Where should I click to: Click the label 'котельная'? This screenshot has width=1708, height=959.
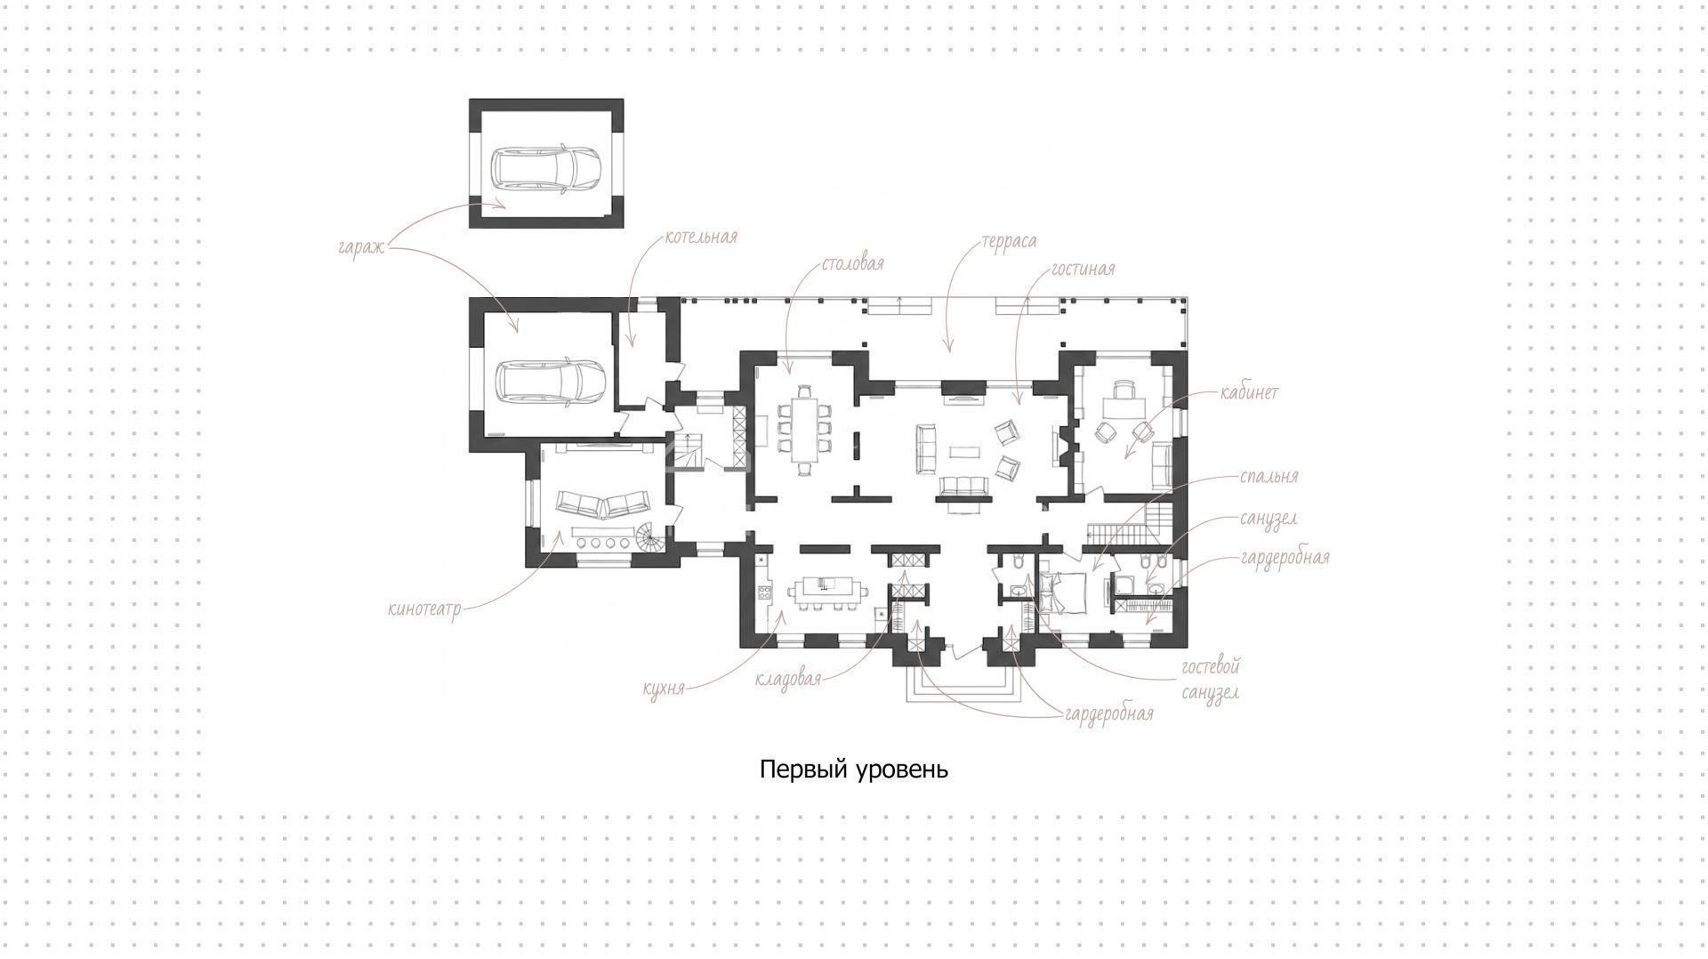[x=701, y=237]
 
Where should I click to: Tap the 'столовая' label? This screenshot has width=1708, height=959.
[x=853, y=264]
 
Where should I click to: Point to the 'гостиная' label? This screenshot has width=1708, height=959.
[x=1083, y=269]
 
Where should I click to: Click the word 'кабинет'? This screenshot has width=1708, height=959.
[x=1250, y=392]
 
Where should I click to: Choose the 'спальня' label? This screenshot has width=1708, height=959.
[x=1269, y=477]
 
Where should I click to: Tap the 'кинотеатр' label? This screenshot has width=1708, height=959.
[x=424, y=610]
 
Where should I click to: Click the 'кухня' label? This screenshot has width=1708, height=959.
[x=665, y=689]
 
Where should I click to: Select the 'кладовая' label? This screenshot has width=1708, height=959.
[x=788, y=679]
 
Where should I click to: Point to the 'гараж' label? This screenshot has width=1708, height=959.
[x=361, y=246]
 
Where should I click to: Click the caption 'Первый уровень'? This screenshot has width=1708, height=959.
[x=854, y=770]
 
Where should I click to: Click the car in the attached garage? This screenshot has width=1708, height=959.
[x=552, y=381]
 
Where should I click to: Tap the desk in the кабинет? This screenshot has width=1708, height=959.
[x=1127, y=406]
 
